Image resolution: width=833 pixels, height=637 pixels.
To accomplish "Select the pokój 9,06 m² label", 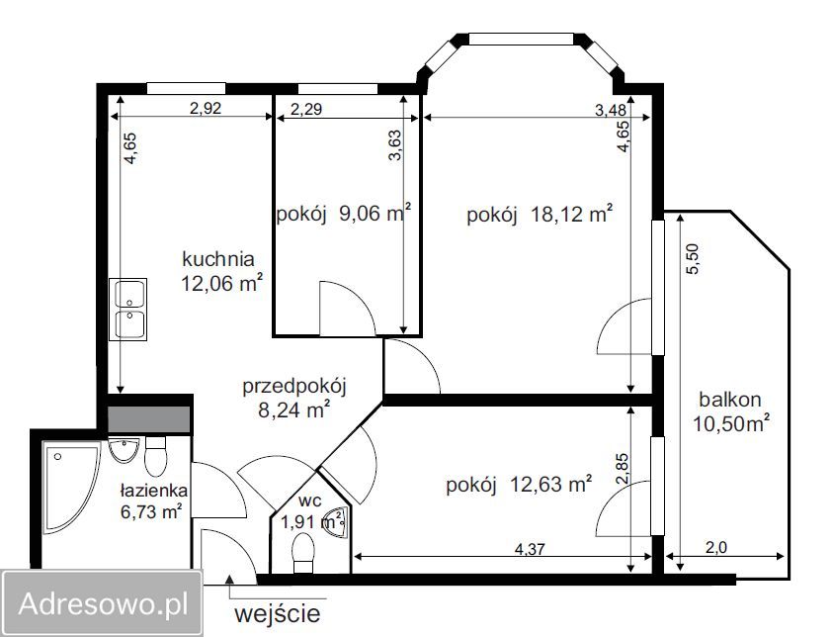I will (x=342, y=214).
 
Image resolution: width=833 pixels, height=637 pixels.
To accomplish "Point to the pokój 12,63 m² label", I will (x=519, y=484).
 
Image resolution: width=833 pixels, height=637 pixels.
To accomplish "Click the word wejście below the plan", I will (x=277, y=613).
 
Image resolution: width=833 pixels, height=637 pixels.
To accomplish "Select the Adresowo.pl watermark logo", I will (x=101, y=601).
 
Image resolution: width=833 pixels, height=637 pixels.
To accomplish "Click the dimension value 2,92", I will (x=206, y=109).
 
